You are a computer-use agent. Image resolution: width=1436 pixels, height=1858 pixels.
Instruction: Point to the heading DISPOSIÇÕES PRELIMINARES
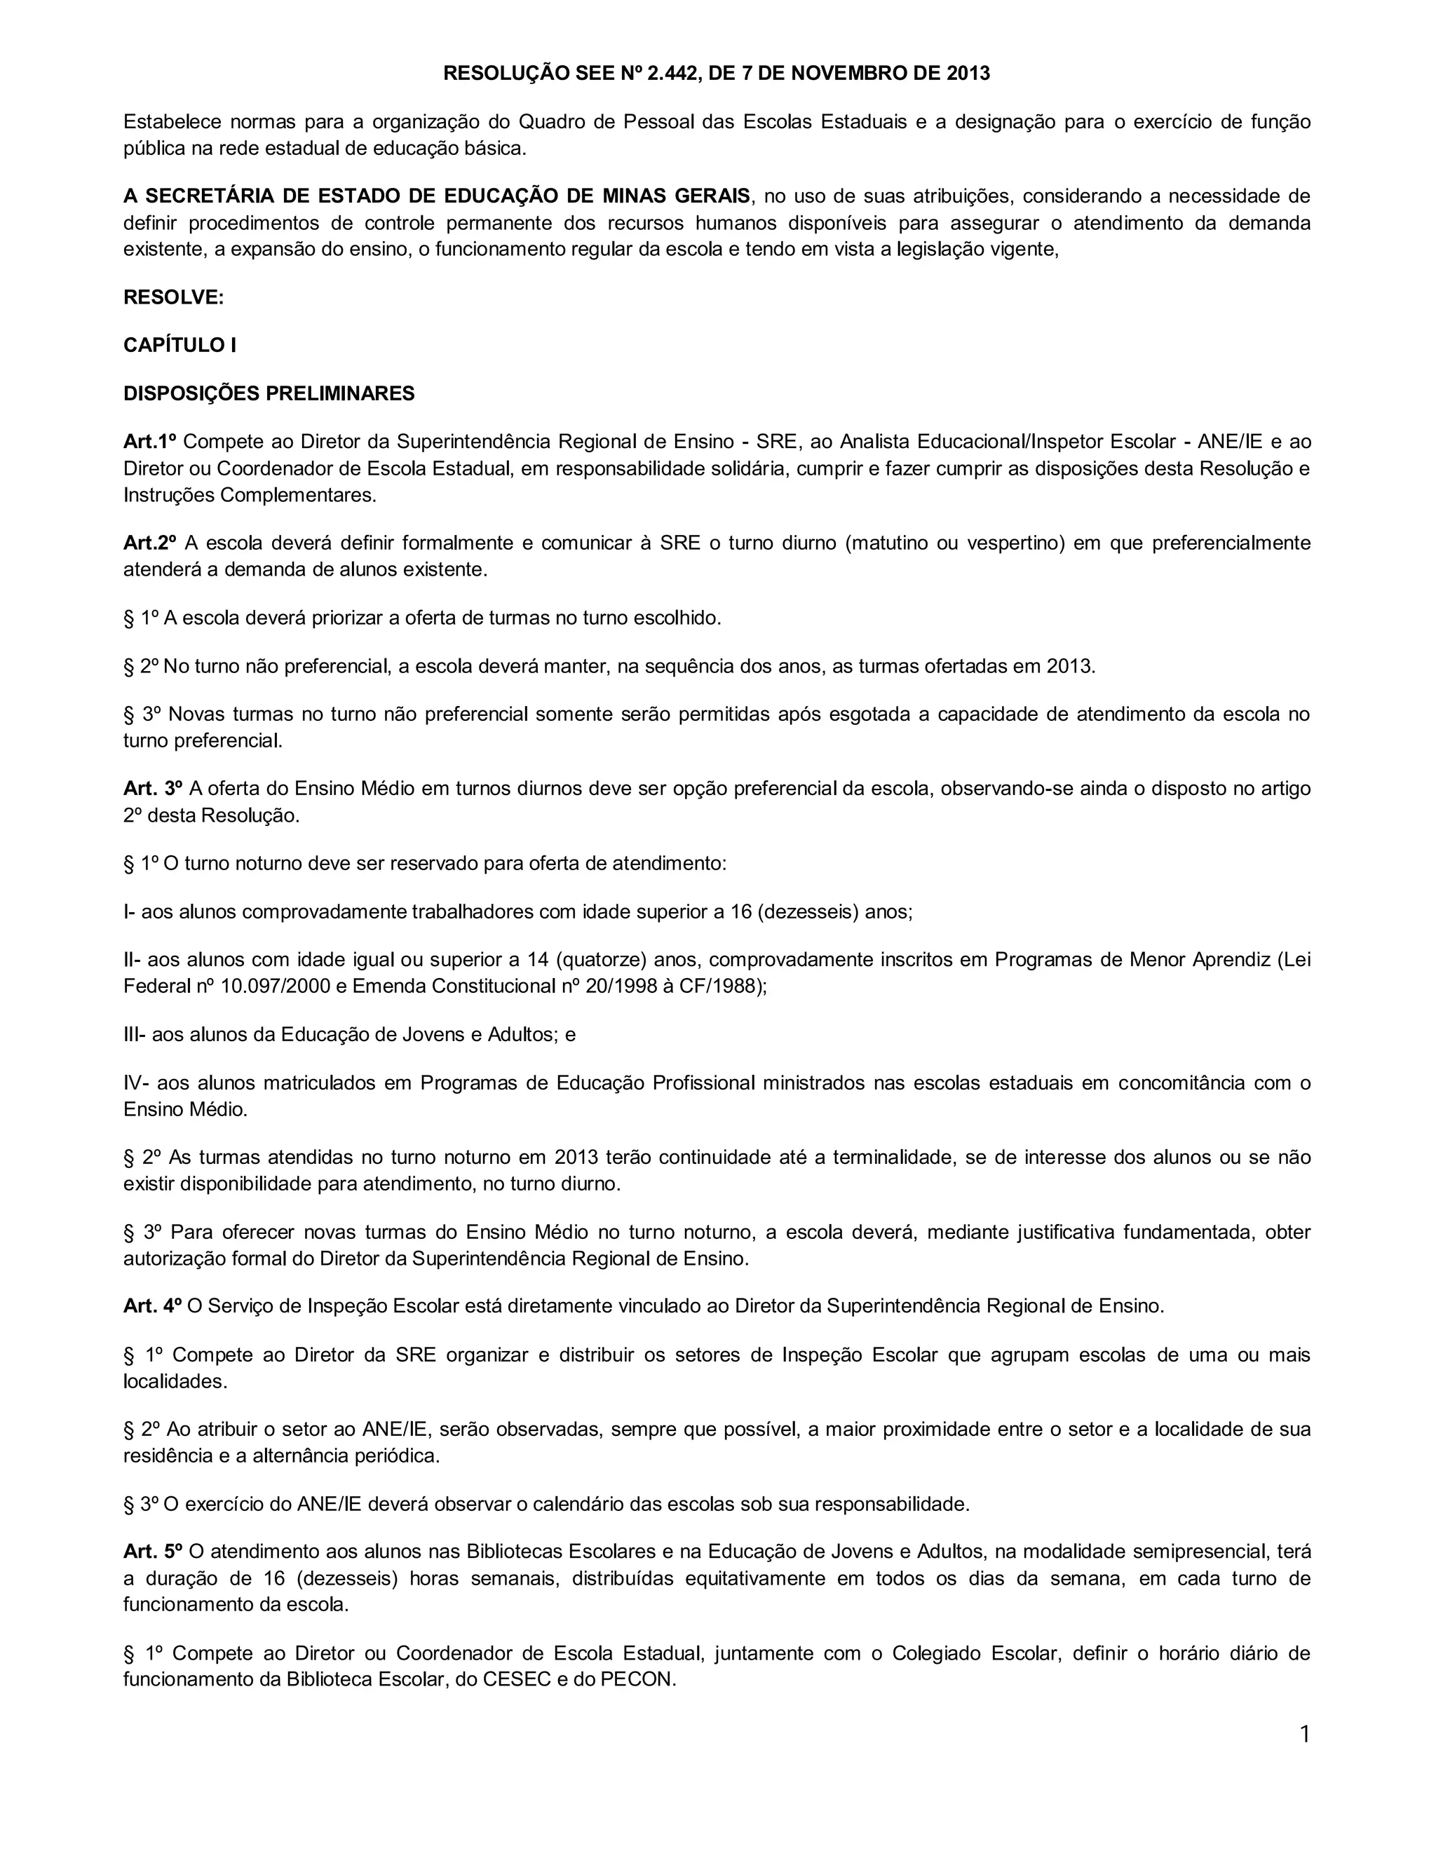tap(269, 393)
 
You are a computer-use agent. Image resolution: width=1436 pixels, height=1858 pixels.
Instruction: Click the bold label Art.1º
tap(150, 442)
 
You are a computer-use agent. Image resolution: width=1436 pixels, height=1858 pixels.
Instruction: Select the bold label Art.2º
tap(150, 543)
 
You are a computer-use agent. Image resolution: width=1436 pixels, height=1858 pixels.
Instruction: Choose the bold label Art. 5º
tap(152, 1552)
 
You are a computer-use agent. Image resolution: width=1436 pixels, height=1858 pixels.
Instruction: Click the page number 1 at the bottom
tap(1304, 1734)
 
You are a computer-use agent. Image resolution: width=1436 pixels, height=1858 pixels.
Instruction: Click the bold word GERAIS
tap(710, 196)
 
